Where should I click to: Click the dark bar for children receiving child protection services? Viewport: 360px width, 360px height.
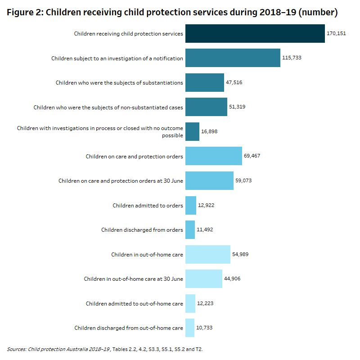coord(255,34)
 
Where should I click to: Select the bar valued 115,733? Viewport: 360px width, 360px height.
coord(233,58)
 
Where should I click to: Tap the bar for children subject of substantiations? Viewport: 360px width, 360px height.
coord(204,83)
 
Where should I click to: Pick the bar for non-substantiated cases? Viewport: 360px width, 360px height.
coord(206,107)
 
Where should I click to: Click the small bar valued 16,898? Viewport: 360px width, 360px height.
coord(192,131)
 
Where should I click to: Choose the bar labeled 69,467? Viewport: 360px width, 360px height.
coord(213,156)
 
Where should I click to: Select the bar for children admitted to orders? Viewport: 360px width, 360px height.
coord(191,205)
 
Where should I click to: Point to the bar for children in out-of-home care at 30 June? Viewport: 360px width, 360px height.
coord(203,279)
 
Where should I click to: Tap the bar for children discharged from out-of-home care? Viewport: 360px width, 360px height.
coord(190,328)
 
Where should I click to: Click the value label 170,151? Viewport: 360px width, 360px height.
coord(336,34)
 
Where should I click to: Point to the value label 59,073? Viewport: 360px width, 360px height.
coord(244,180)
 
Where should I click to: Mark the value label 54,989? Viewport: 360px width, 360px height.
coord(241,254)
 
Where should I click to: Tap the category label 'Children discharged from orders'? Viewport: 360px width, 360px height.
coord(142,230)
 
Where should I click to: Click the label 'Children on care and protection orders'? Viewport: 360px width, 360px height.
coord(134,156)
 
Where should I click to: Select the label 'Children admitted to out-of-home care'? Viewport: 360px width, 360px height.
coord(134,304)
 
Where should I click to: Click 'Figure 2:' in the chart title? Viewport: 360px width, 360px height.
coord(24,13)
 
